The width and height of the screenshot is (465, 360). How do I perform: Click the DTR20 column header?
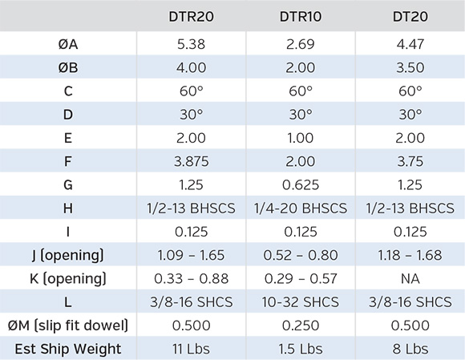(191, 16)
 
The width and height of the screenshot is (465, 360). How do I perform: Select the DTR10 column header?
(301, 16)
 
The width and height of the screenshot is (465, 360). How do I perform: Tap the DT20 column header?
(410, 16)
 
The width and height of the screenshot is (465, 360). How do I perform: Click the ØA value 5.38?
(191, 44)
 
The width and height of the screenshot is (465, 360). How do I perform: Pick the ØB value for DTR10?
(301, 67)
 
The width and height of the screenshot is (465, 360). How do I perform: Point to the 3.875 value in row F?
(192, 162)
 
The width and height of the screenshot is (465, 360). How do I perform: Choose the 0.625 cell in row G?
(301, 185)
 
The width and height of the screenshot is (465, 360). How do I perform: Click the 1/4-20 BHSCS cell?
(301, 208)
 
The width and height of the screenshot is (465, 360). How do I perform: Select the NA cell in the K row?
(410, 279)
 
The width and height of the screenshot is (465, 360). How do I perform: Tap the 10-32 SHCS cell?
(301, 302)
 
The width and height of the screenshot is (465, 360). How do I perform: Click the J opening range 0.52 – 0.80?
(301, 255)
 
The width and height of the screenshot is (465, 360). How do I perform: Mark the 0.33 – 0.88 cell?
(192, 279)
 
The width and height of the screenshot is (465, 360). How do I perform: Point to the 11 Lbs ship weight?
(191, 349)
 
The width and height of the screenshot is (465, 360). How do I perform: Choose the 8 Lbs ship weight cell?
(410, 349)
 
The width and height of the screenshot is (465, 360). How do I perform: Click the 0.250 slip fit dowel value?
(301, 326)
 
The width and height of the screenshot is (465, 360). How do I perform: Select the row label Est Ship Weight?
(68, 349)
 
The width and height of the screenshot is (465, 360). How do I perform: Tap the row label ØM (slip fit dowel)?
(68, 326)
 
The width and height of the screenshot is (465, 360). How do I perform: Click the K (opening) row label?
(68, 279)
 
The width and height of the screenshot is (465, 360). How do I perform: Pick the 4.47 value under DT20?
(410, 44)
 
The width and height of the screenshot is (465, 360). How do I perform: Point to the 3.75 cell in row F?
(410, 162)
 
